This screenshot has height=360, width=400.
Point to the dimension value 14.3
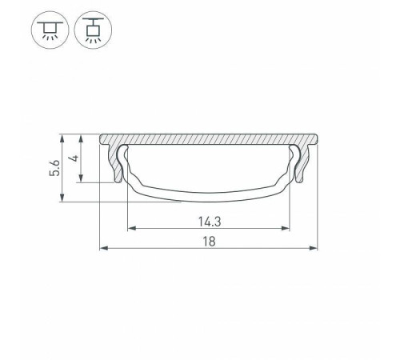[x=207, y=219]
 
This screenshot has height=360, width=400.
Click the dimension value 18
[x=207, y=239]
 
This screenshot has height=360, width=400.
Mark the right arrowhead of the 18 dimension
[x=314, y=248]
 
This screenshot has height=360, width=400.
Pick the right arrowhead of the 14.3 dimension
[x=286, y=229]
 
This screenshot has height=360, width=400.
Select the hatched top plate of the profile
[x=208, y=139]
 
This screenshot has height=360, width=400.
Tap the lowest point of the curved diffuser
[x=208, y=198]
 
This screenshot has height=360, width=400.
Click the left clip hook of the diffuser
[x=126, y=155]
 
